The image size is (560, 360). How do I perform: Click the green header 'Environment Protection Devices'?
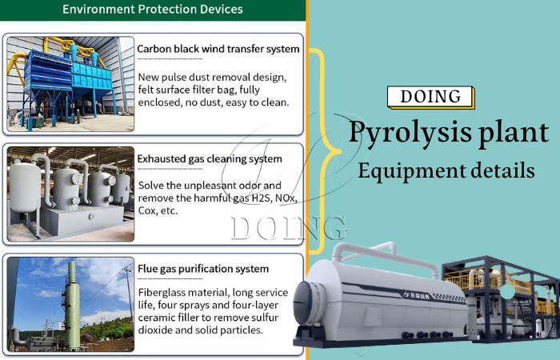point(152,10)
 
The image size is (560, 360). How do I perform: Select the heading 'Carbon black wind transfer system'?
point(218,49)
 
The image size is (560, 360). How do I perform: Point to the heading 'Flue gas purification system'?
point(203,269)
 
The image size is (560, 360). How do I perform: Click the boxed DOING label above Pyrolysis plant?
point(430,97)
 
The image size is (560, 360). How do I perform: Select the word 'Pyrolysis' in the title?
point(398,133)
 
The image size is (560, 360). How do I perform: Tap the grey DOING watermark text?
point(288,228)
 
